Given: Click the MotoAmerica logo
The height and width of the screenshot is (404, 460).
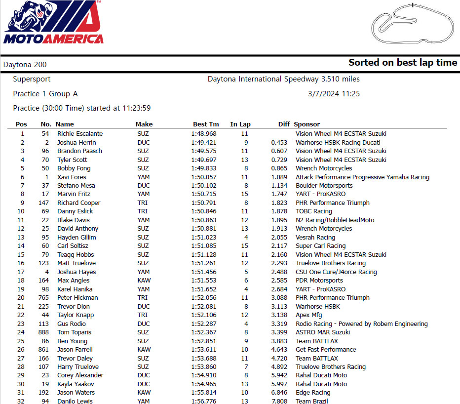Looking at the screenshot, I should click(53, 23).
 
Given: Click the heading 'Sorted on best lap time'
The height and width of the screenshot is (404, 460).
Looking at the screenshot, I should click(403, 63).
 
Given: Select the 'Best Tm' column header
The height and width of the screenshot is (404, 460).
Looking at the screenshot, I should click(206, 124).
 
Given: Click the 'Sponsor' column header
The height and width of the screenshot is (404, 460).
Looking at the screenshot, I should click(307, 124).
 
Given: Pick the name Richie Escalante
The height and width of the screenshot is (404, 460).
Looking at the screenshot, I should click(80, 134).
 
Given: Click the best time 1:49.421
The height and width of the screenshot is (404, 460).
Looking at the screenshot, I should click(204, 143).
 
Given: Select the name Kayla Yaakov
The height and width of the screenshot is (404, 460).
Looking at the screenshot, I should click(76, 384).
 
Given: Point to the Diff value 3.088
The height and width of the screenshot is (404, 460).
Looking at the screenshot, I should click(279, 298).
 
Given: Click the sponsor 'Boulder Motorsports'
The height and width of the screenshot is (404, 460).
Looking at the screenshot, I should click(324, 186).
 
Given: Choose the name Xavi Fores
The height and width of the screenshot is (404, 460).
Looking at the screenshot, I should click(72, 177).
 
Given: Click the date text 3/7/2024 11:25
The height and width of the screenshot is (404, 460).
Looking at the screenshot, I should click(334, 94).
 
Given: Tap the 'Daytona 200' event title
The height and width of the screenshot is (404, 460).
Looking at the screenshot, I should click(25, 65).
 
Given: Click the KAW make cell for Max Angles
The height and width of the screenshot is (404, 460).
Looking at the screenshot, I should click(144, 281).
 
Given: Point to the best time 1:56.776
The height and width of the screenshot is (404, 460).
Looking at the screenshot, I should click(204, 401).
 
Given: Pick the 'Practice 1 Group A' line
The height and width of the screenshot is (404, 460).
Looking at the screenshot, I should click(45, 94).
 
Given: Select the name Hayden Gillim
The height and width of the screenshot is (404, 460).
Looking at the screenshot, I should click(77, 238).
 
